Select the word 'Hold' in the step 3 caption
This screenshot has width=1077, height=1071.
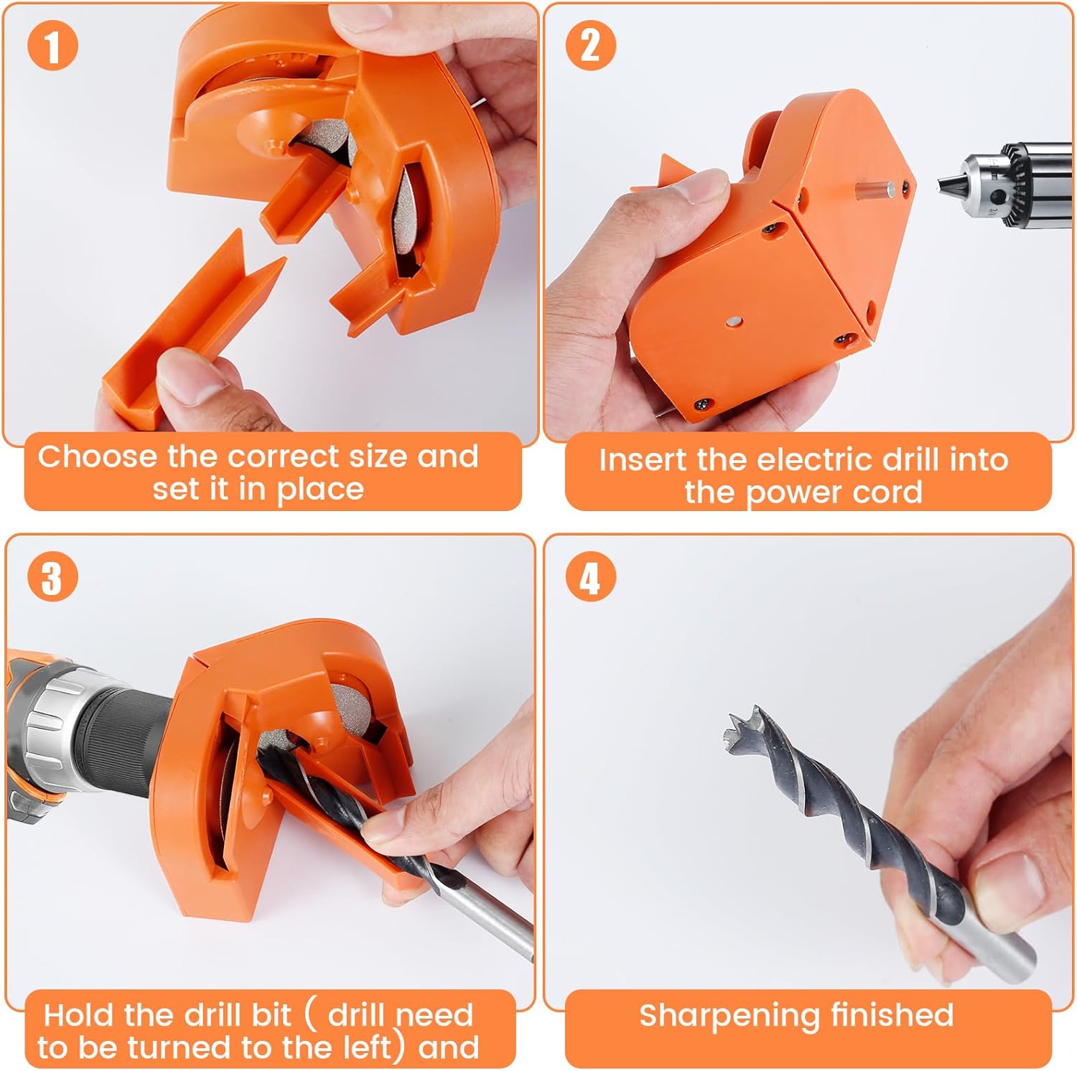coord(78,1015)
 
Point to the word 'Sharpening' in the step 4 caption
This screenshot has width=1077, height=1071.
coord(729,1016)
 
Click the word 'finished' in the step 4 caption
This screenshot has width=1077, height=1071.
coord(892,1015)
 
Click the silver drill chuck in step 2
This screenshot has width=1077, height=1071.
coord(1005,187)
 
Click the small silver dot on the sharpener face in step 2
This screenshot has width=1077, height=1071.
coord(735,323)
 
